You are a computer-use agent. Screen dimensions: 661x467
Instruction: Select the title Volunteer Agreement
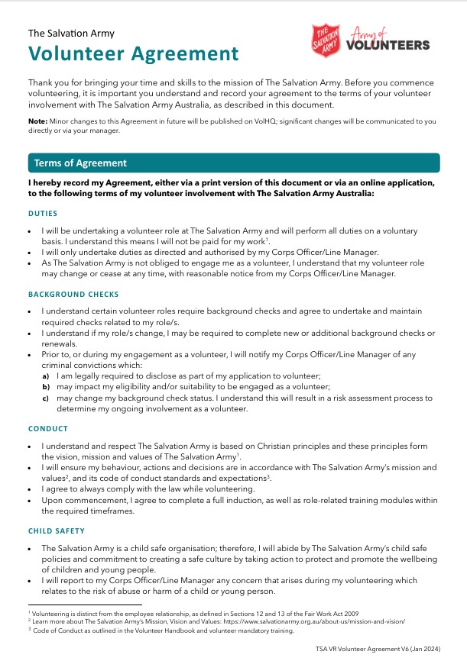(x=133, y=53)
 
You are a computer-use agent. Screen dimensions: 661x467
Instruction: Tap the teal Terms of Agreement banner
(x=233, y=163)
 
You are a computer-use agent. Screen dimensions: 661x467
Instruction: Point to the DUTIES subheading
(x=43, y=213)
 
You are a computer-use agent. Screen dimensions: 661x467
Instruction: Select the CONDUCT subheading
(x=48, y=429)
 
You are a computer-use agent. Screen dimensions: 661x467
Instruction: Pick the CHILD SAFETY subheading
(x=57, y=530)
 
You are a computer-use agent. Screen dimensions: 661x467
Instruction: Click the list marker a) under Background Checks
(x=46, y=376)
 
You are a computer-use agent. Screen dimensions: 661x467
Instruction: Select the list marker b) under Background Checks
(x=46, y=387)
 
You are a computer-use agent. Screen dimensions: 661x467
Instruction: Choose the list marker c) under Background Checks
(x=46, y=398)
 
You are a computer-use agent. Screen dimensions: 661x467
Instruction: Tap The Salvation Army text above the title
(x=71, y=33)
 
